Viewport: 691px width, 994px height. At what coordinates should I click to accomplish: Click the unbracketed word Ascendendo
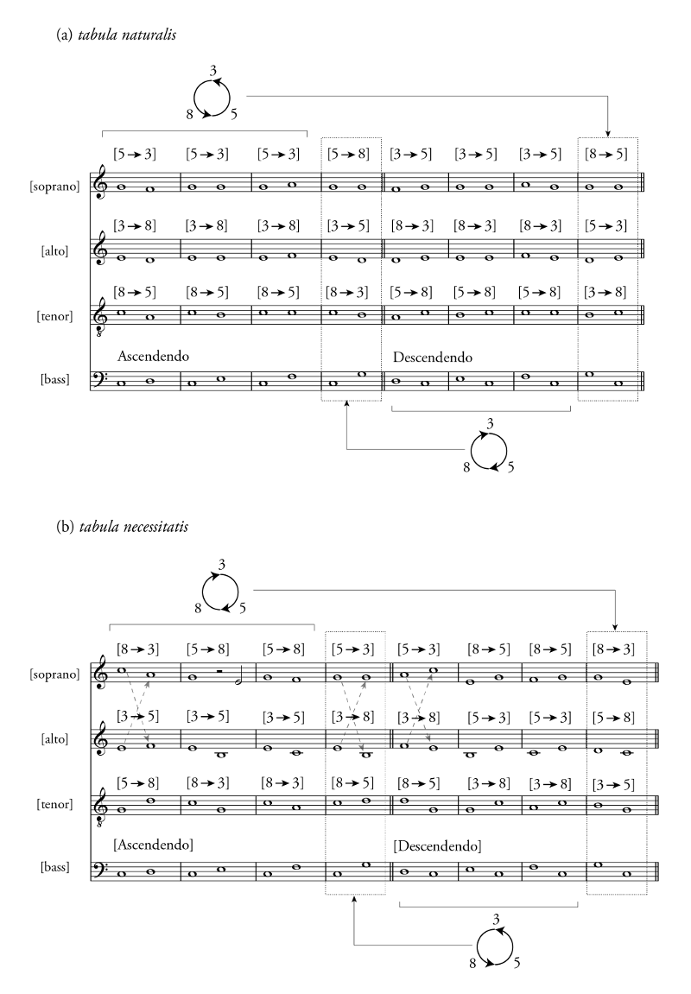(152, 356)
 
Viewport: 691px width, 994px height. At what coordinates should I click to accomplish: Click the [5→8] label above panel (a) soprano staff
(349, 155)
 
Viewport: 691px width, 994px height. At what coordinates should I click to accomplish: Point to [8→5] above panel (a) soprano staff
(607, 155)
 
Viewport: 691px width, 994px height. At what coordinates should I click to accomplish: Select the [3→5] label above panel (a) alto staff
(349, 226)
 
